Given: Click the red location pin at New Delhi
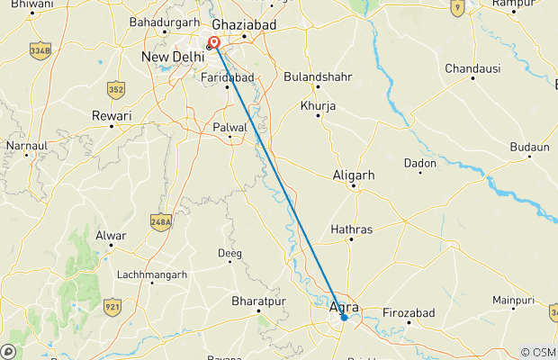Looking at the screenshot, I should coord(214,41).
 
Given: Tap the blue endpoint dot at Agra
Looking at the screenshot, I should coord(344,317).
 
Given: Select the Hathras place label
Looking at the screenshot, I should coord(351,229).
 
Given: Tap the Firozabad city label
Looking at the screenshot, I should coord(409,311).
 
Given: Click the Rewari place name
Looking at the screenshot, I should coord(112,116).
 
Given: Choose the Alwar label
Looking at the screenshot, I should coord(110,236).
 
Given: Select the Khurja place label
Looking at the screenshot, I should coord(318,106).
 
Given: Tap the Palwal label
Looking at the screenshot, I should coord(229,128).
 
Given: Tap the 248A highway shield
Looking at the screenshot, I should coord(161,220).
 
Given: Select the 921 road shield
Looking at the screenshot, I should coord(112,307).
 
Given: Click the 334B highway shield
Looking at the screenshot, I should coord(39,49).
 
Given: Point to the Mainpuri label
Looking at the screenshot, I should coord(514,300).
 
